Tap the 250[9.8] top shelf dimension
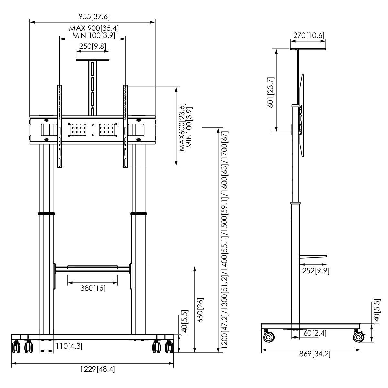(92, 46)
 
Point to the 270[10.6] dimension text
(308, 36)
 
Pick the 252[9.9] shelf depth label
(315, 271)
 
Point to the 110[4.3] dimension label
(68, 346)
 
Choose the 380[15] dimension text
(93, 288)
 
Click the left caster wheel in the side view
(269, 337)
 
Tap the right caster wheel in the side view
(358, 337)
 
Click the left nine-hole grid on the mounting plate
(78, 130)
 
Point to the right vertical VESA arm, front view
(126, 126)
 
